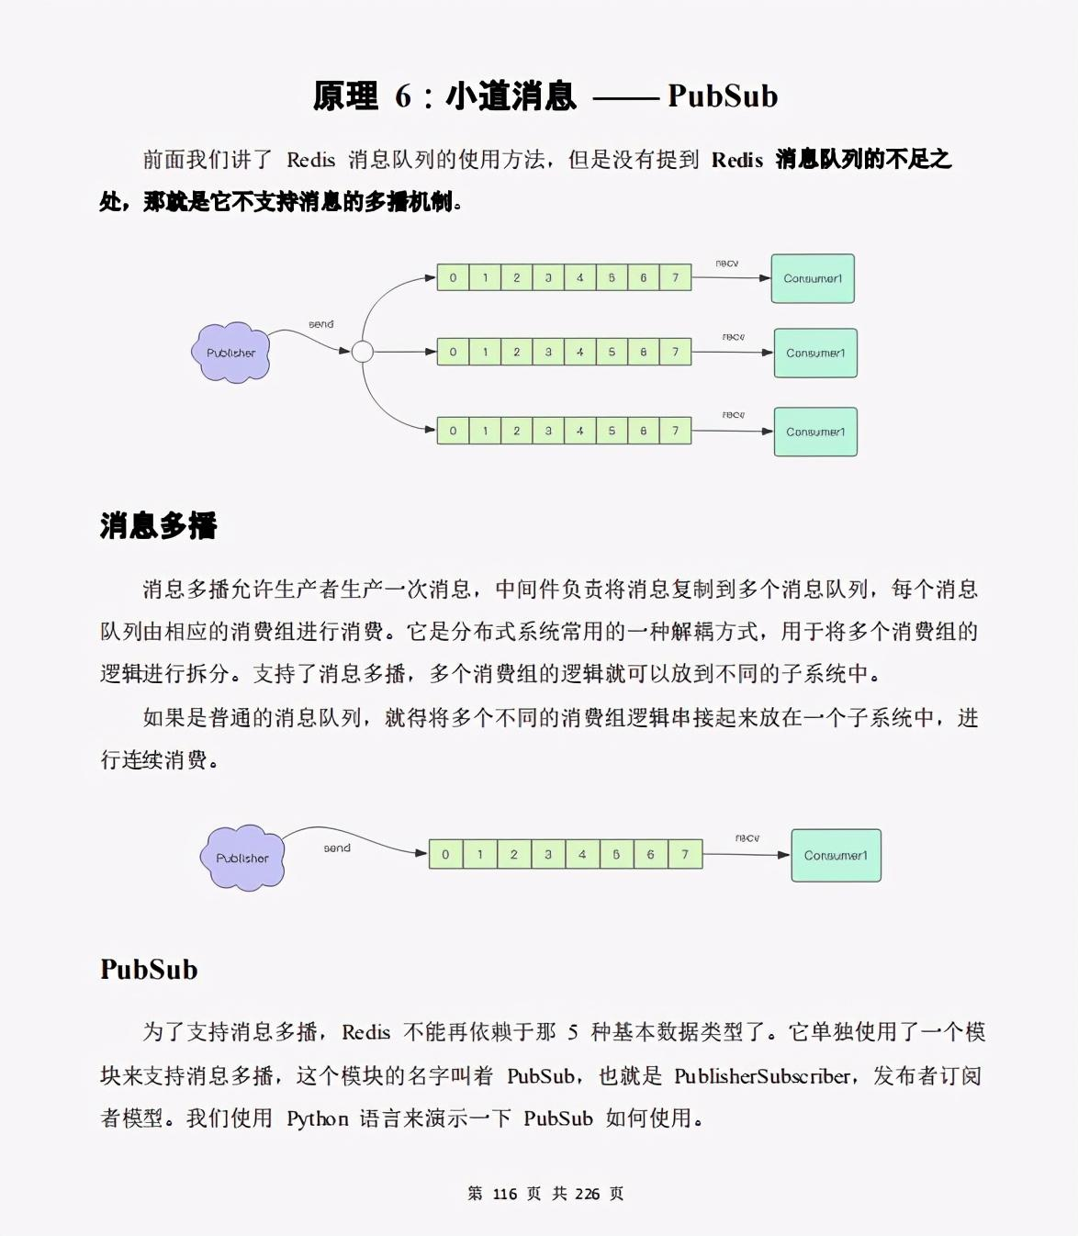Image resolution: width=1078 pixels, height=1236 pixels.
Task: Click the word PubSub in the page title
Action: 723,96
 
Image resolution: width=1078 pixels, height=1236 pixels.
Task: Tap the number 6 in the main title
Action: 403,96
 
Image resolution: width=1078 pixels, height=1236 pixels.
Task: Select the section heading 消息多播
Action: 158,526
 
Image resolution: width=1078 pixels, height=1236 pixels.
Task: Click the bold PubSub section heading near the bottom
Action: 149,970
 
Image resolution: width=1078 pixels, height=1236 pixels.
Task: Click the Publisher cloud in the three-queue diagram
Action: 230,353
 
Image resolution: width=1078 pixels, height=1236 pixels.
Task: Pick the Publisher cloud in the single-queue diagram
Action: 242,858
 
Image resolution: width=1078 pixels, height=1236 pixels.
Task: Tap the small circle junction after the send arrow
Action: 363,352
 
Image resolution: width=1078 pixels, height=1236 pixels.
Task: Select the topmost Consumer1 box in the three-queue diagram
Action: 813,278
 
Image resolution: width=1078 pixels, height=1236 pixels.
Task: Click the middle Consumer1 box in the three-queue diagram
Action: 815,353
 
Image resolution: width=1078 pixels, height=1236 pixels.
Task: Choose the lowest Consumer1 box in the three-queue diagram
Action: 815,432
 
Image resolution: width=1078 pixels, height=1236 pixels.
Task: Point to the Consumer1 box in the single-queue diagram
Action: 836,855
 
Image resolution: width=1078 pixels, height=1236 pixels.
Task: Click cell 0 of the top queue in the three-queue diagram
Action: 453,277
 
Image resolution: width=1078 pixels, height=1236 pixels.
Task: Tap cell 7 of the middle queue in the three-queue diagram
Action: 675,352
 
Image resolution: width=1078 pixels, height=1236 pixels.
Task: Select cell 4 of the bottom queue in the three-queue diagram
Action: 580,430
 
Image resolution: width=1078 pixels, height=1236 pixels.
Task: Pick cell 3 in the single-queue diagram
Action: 548,854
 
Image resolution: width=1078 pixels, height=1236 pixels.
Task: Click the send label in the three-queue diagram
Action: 321,324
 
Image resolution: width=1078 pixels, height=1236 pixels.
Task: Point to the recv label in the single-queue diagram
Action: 747,837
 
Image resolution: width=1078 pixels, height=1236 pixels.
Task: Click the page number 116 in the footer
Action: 505,1194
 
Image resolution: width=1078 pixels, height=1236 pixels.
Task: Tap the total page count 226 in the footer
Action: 587,1194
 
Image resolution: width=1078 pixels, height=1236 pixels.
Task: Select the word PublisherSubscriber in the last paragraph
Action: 762,1076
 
